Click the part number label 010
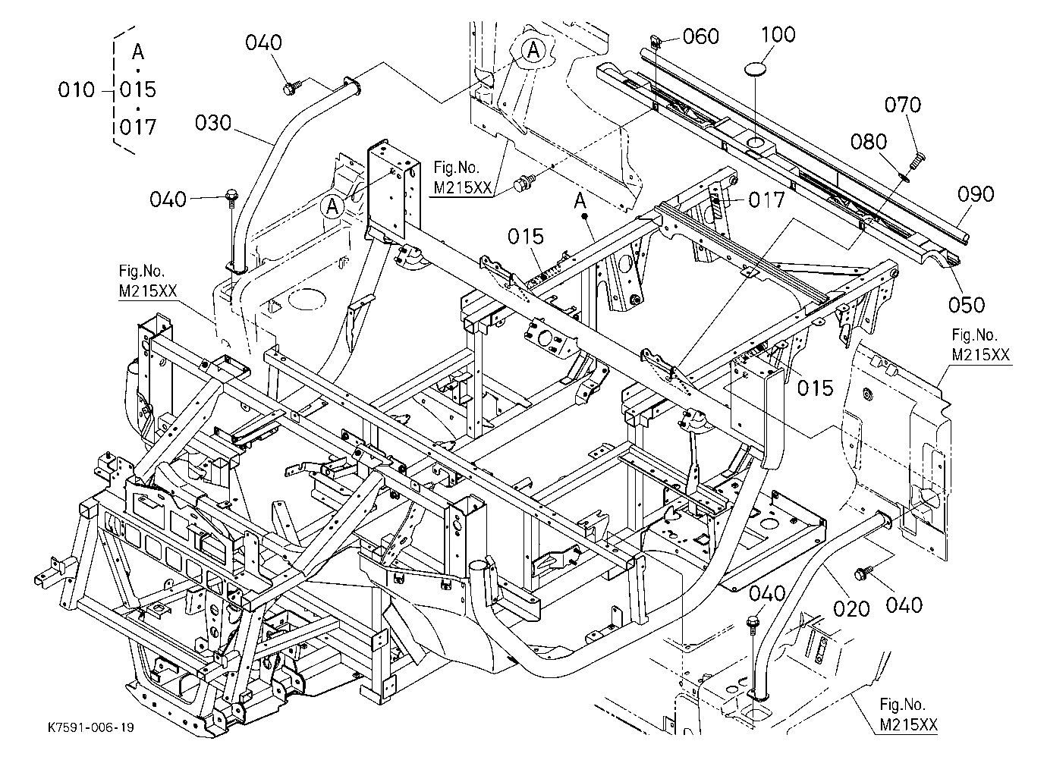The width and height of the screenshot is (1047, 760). tap(77, 90)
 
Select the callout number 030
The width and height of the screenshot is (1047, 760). tap(213, 123)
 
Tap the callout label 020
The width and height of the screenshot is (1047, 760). tap(851, 609)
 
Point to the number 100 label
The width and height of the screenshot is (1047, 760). tap(778, 35)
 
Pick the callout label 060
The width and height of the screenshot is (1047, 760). tap(701, 36)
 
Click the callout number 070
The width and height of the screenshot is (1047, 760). tap(903, 105)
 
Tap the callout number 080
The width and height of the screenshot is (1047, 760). tap(869, 142)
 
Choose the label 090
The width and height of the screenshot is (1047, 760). tap(976, 194)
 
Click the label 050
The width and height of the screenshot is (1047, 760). tap(967, 305)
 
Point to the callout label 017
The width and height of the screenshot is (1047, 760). tap(766, 200)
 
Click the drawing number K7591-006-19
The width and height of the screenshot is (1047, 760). tap(91, 727)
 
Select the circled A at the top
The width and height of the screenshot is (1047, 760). tap(533, 49)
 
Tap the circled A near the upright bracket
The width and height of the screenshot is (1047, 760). tap(332, 205)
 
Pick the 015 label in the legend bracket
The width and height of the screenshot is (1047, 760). tap(138, 90)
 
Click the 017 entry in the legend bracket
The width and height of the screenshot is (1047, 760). tap(138, 127)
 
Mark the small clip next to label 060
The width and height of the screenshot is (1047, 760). tap(656, 42)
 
